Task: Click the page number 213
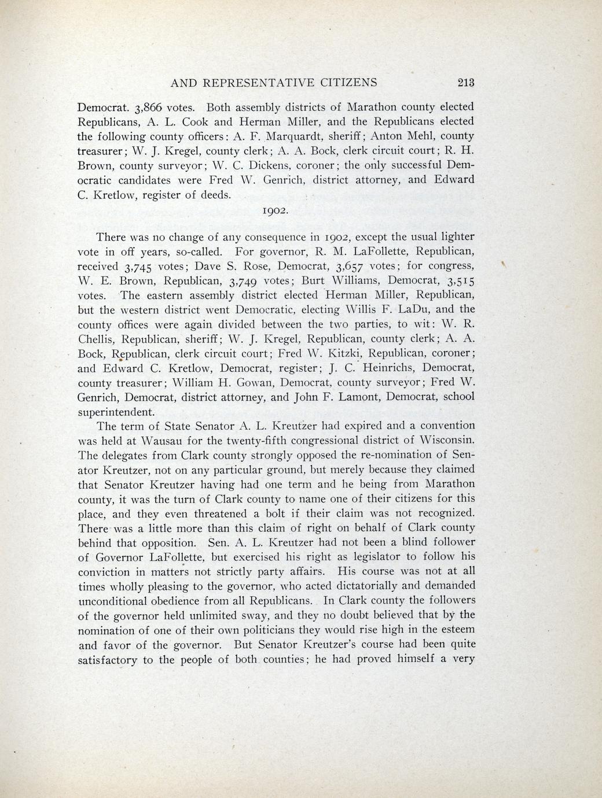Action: [465, 82]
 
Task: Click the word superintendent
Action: [116, 412]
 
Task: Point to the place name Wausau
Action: [153, 441]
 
